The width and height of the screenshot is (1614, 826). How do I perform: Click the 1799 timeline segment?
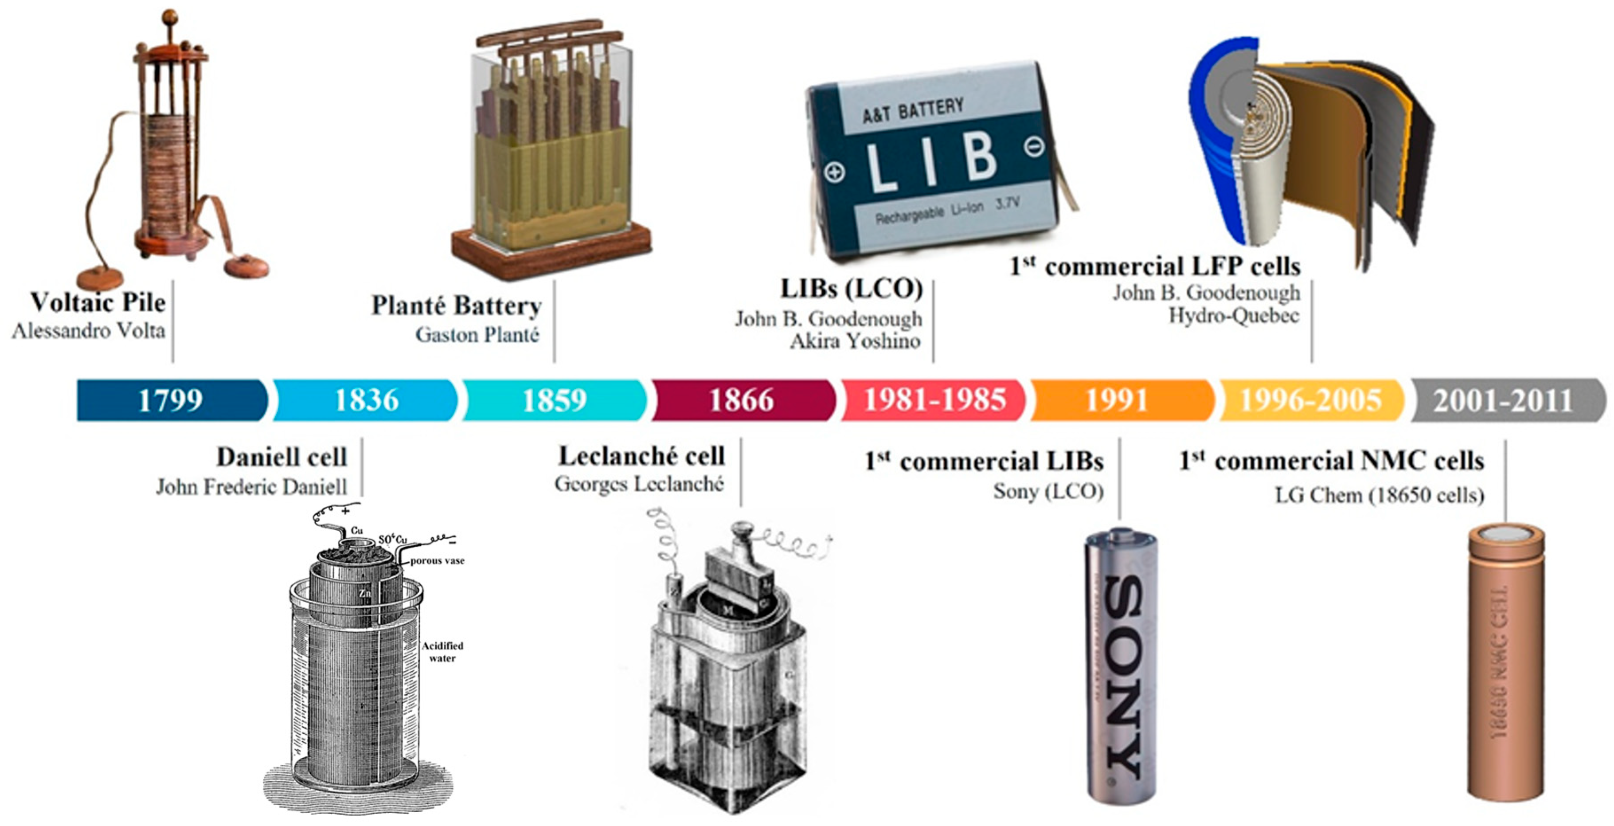click(170, 400)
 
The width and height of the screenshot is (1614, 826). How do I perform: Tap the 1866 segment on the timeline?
click(742, 400)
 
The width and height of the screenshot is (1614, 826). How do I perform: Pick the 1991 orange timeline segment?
click(1117, 400)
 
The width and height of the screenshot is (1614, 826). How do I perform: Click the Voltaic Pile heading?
click(98, 302)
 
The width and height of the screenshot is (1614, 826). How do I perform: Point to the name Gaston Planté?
click(477, 335)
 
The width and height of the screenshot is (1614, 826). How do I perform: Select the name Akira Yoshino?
click(855, 341)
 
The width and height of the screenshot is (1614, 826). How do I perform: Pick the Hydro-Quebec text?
click(1234, 315)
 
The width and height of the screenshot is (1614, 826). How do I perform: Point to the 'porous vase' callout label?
click(438, 561)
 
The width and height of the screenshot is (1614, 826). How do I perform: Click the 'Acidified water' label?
click(442, 652)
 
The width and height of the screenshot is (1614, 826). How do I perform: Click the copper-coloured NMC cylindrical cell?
click(1505, 664)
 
